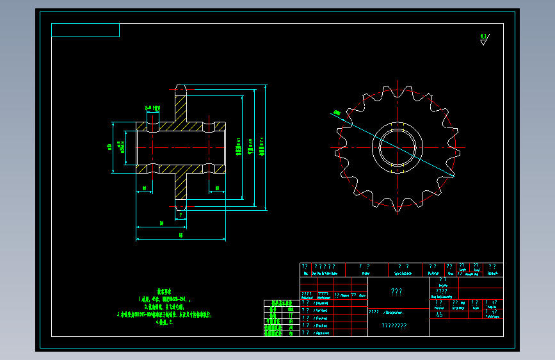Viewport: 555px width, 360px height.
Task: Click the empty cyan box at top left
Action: click(85, 30)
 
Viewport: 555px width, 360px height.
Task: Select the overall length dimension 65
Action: click(181, 236)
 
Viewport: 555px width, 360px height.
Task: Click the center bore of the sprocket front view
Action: click(397, 147)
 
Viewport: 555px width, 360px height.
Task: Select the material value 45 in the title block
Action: click(439, 315)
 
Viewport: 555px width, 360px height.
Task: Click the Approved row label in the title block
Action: click(319, 333)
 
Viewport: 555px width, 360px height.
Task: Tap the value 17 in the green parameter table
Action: click(291, 316)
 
